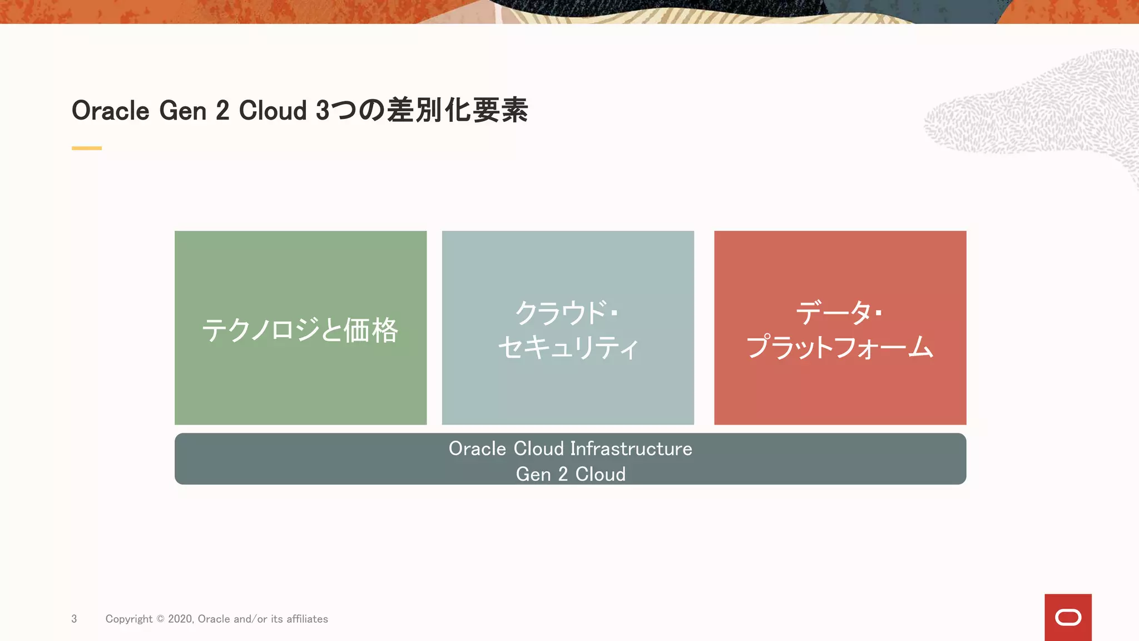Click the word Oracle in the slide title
(111, 111)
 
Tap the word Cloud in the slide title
(273, 111)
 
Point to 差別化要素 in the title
(457, 110)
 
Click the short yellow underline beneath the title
(87, 148)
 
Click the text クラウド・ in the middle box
(567, 312)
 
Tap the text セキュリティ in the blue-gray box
(568, 347)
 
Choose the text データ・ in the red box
(839, 312)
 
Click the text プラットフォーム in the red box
(840, 347)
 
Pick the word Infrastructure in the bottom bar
(631, 448)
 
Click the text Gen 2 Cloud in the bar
(571, 474)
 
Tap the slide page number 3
(74, 619)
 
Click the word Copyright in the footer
(129, 619)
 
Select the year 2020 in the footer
(180, 619)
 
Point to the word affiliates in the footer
(307, 619)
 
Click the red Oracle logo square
(1068, 617)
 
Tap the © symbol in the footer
(160, 619)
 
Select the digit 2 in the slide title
(222, 111)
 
